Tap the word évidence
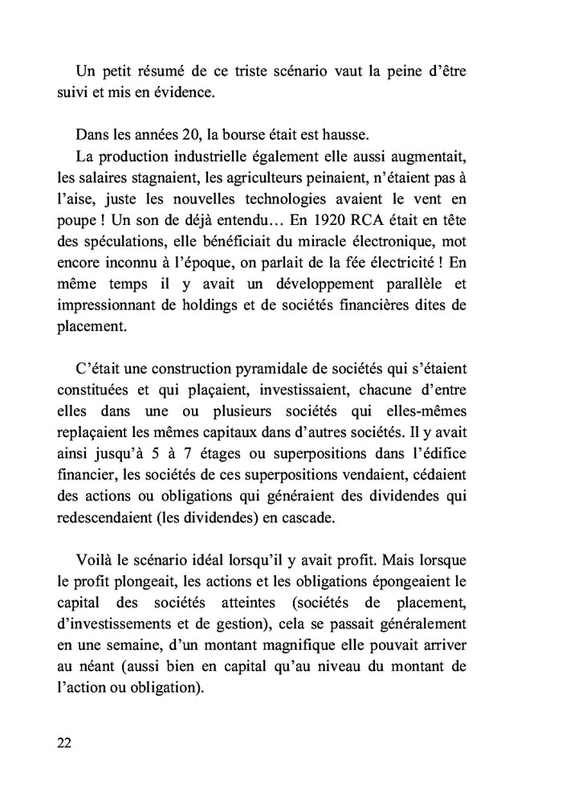(x=186, y=93)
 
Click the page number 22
(x=66, y=742)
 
